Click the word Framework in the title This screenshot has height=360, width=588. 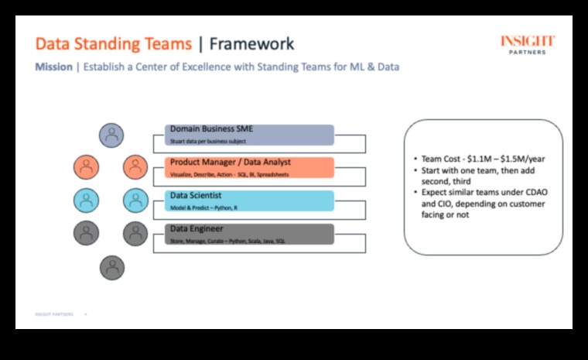252,43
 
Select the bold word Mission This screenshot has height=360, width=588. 53,67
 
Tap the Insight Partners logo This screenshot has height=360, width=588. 527,45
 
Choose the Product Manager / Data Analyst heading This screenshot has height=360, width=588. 231,163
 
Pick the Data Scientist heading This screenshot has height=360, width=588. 197,196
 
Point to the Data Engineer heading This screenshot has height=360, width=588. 197,229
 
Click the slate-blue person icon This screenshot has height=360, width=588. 111,135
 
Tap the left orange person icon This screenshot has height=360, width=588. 87,166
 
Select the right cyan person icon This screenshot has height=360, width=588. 135,200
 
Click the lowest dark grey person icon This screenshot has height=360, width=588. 112,267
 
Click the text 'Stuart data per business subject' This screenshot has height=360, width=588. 214,142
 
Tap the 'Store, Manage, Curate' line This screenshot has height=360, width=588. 232,242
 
